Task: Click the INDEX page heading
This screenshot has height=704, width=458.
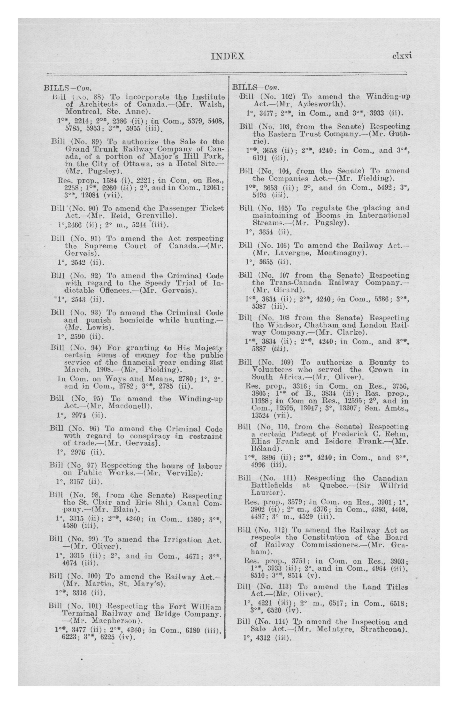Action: click(x=228, y=56)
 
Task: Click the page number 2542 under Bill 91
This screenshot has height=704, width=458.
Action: click(x=78, y=262)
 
